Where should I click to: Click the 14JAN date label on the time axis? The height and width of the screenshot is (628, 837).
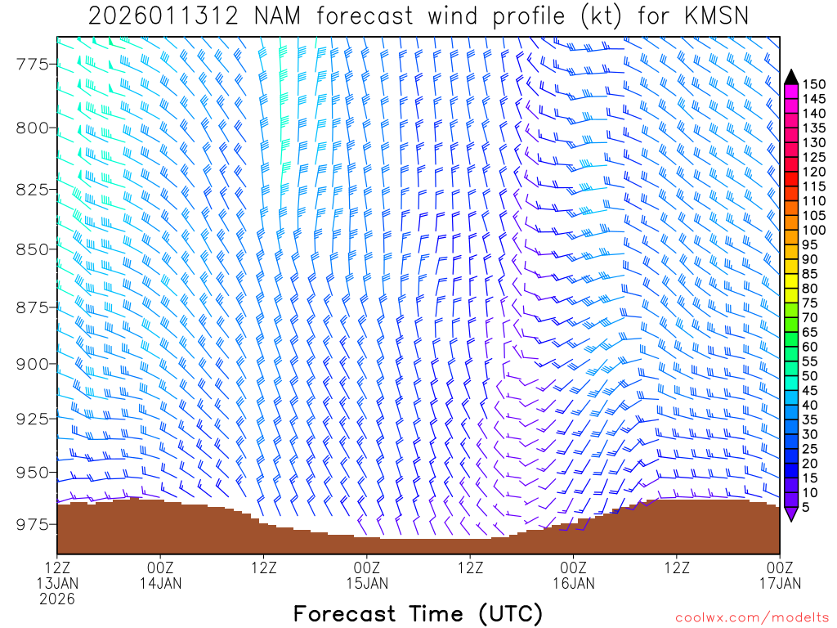161,583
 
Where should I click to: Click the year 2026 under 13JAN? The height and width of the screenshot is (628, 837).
57,599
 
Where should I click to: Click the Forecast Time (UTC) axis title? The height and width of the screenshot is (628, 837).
418,613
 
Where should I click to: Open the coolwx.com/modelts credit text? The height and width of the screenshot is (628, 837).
751,617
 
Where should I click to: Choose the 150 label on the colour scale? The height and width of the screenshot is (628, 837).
814,84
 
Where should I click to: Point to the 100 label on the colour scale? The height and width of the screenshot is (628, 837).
814,230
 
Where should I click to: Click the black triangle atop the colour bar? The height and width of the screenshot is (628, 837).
791,77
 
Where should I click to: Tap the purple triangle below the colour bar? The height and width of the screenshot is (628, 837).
791,514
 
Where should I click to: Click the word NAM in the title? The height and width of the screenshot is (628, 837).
275,16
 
